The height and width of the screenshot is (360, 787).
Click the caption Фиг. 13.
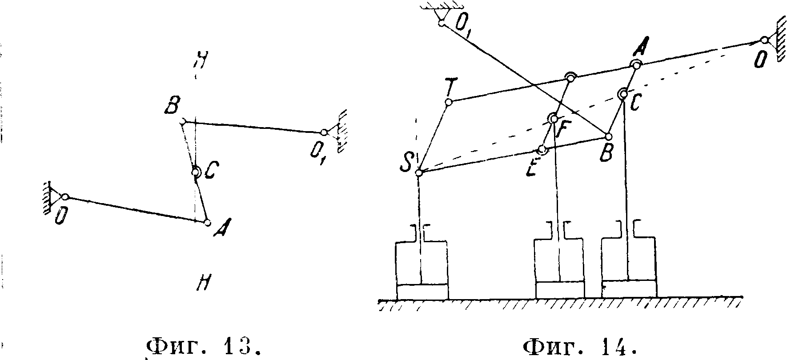(203, 346)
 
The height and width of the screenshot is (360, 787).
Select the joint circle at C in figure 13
(196, 172)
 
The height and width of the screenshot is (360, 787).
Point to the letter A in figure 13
(219, 230)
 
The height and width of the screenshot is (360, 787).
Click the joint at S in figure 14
(418, 172)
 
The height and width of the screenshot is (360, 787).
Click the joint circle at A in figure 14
(636, 65)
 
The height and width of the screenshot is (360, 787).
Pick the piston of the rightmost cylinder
(629, 288)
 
